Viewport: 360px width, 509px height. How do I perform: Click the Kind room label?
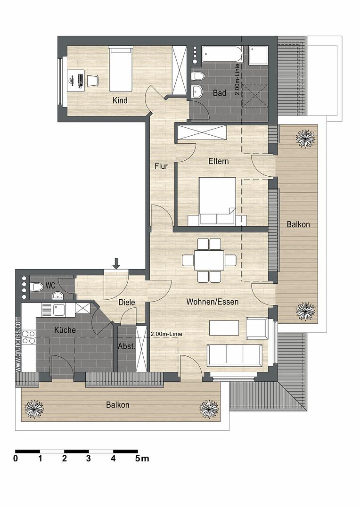[120, 100]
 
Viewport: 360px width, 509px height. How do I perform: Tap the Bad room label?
[220, 93]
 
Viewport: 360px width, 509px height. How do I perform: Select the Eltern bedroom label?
[219, 161]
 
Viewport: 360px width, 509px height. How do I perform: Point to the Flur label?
[161, 166]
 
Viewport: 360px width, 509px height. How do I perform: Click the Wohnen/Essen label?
[213, 302]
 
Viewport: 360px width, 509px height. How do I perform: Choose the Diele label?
[127, 302]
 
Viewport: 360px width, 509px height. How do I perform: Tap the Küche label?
[65, 330]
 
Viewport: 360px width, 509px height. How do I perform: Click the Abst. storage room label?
[126, 346]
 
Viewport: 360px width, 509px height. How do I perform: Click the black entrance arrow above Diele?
[116, 263]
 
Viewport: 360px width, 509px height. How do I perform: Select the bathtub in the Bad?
[222, 54]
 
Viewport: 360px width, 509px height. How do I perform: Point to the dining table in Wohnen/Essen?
[209, 260]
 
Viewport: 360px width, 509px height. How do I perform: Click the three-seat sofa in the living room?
[234, 355]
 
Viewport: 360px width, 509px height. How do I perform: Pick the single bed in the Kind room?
[121, 69]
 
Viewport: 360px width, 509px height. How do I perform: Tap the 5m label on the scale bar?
[142, 459]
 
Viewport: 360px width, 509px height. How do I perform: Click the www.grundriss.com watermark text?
[18, 344]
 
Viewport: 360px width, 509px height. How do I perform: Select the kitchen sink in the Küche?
[59, 310]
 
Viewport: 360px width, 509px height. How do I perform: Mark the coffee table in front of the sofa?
[224, 328]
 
